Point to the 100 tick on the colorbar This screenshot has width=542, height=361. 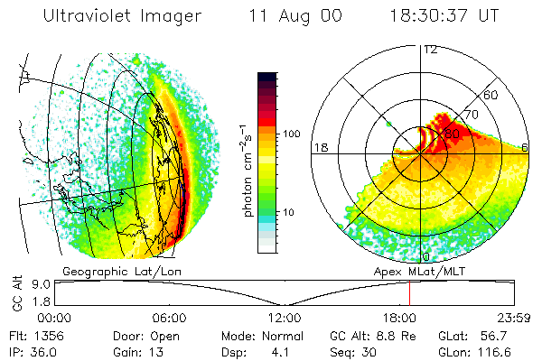pyautogui.click(x=292, y=134)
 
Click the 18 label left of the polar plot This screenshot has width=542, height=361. pyautogui.click(x=319, y=147)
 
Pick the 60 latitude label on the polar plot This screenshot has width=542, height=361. pyautogui.click(x=491, y=95)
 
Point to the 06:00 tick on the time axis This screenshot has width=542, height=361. pyautogui.click(x=170, y=318)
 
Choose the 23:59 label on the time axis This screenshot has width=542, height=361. pyautogui.click(x=512, y=318)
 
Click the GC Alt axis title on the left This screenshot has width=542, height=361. pyautogui.click(x=15, y=293)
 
